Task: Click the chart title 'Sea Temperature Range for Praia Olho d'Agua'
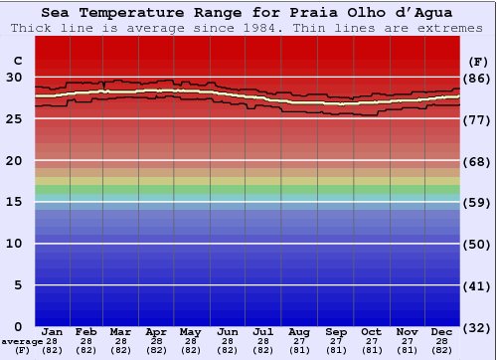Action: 247,13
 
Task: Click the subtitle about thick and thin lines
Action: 247,28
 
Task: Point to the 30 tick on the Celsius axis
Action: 14,78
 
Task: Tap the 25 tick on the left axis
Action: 14,119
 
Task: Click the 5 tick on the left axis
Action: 16,285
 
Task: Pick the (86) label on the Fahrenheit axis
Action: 478,78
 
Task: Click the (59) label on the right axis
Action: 478,203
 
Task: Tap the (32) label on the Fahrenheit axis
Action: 478,327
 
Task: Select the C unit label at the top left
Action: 16,60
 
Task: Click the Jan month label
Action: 53,331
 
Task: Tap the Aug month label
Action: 299,331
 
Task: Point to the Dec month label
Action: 442,331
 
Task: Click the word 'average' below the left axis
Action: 20,341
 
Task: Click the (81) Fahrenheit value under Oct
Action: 371,350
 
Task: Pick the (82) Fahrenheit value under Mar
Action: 120,350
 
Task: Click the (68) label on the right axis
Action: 478,161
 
